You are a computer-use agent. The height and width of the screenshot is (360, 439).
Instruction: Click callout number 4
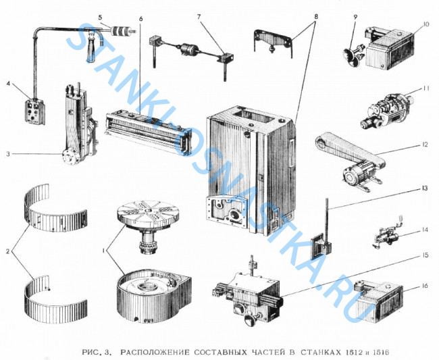coord(9,84)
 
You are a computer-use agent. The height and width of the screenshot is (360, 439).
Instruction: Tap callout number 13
coord(425,188)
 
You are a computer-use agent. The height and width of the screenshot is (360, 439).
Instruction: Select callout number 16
coord(425,286)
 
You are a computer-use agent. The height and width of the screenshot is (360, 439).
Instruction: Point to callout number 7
coord(199,17)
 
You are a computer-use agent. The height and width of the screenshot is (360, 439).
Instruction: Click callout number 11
coord(425,88)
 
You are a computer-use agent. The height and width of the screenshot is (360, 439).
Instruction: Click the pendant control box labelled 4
coord(34,112)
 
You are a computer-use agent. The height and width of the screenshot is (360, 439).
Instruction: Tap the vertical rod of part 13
coord(326,221)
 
